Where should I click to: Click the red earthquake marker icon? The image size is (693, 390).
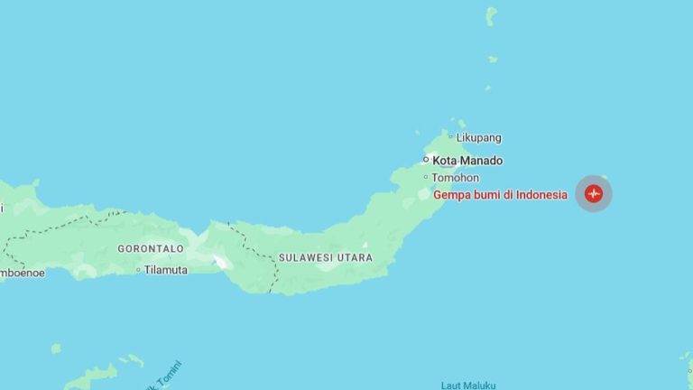[x=594, y=194]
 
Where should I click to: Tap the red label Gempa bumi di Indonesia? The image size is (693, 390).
[x=500, y=194]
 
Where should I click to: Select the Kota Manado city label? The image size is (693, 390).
[x=467, y=161]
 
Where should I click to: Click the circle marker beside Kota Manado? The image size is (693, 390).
[x=427, y=160]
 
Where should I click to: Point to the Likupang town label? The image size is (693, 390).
[x=478, y=138]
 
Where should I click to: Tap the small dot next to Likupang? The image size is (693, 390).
[x=450, y=138]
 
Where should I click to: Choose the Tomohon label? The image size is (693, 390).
[x=455, y=177]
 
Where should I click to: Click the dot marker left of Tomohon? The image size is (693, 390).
[x=426, y=177]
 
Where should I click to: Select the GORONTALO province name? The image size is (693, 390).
[x=151, y=248]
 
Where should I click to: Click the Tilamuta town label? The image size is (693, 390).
[x=166, y=269]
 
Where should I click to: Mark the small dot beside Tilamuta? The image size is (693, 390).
[x=138, y=269]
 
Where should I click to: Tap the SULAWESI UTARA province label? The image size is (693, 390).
[x=325, y=257]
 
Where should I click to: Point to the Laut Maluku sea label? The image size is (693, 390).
[x=468, y=385]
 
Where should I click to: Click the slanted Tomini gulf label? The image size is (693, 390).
[x=166, y=376]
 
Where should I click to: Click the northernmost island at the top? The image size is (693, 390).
[x=491, y=15]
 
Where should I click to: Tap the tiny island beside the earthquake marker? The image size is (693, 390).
[x=605, y=178]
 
